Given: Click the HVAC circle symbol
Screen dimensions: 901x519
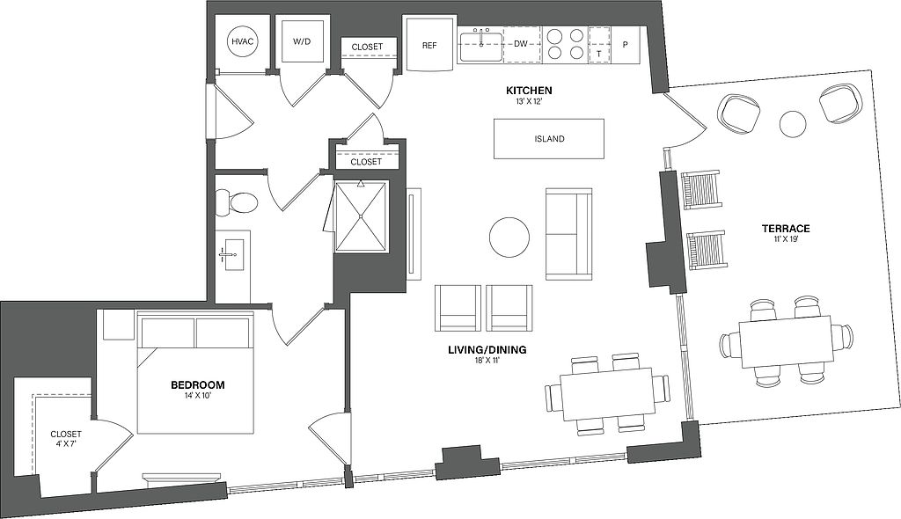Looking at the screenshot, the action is pos(241,42).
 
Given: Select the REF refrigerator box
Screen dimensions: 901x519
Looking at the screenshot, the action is pos(429,45).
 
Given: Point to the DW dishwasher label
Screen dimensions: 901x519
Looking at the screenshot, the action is pos(521,43).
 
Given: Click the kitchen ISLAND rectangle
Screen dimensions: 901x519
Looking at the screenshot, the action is pos(549,139).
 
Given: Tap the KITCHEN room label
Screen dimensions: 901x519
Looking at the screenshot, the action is pos(528,91).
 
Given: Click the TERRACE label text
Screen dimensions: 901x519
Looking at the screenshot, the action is pos(785,230).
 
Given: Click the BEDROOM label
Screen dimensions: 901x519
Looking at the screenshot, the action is pos(197,385).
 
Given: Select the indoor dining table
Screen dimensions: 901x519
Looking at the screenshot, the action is pos(608,393).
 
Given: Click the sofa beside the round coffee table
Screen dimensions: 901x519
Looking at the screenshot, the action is pos(568,234).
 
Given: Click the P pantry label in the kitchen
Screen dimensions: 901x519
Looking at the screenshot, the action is pos(626,45).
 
